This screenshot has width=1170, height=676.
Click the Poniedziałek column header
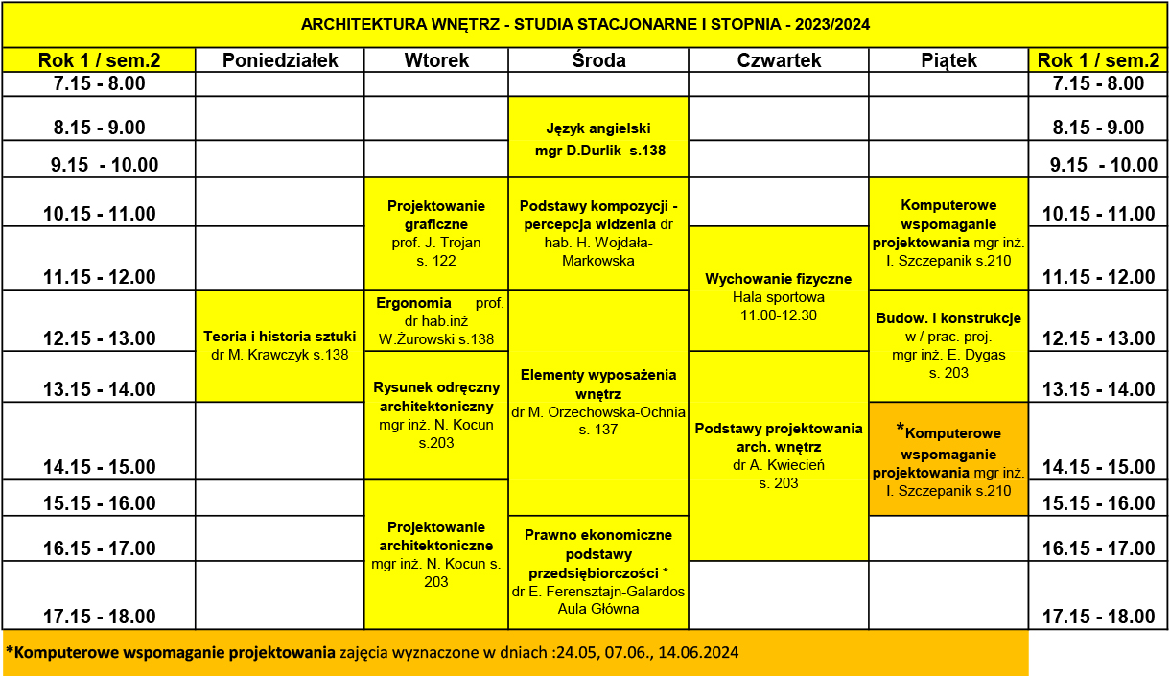(x=280, y=60)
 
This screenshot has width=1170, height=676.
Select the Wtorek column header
(x=436, y=60)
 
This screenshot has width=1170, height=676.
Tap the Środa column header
(x=598, y=60)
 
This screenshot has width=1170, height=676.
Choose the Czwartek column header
(x=779, y=60)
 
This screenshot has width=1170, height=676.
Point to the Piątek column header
(x=948, y=60)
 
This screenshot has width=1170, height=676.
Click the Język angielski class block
(x=598, y=138)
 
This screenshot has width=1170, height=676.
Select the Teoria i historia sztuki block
(x=280, y=346)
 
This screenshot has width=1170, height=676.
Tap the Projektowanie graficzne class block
(x=436, y=233)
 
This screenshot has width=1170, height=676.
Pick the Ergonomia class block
(x=436, y=320)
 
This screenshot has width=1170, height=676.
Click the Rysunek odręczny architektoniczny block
(x=436, y=414)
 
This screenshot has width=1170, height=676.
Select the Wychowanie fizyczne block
(x=779, y=289)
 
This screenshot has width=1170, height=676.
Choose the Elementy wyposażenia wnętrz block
(x=598, y=402)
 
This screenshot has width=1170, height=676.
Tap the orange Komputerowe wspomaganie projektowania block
(x=948, y=459)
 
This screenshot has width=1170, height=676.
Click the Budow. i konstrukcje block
(x=948, y=345)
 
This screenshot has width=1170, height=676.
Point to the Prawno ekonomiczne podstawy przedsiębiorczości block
(x=598, y=571)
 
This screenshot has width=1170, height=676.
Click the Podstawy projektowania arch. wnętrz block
(x=779, y=455)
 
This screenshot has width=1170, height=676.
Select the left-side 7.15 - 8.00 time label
(x=99, y=83)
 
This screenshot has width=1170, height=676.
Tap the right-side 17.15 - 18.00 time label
(x=1098, y=616)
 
